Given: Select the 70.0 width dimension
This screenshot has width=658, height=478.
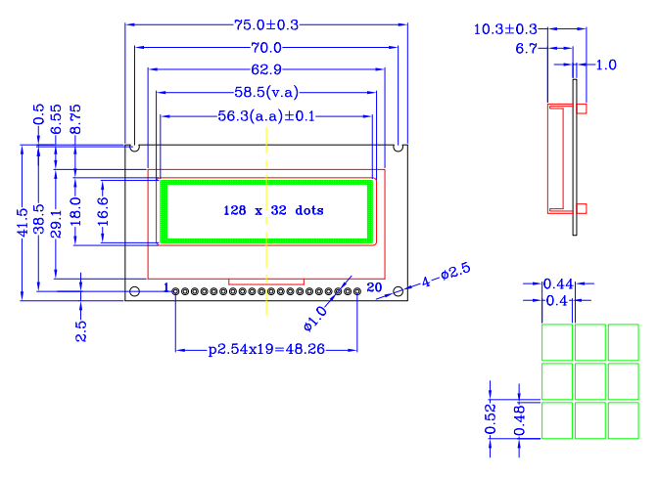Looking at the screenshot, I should click(265, 48).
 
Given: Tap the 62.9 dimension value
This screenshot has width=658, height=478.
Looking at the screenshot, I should click(265, 70).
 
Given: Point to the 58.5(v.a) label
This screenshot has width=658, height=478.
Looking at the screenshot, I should click(265, 93).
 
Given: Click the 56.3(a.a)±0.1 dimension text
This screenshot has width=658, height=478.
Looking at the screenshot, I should click(265, 116).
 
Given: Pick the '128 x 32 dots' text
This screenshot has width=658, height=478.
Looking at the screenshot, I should click(273, 210).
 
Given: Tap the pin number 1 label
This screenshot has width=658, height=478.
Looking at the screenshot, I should click(167, 287).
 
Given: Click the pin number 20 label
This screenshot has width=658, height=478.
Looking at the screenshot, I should click(373, 287).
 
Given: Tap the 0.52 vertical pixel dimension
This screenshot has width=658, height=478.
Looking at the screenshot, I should click(493, 417).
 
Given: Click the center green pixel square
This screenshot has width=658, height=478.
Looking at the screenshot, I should click(590, 381).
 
